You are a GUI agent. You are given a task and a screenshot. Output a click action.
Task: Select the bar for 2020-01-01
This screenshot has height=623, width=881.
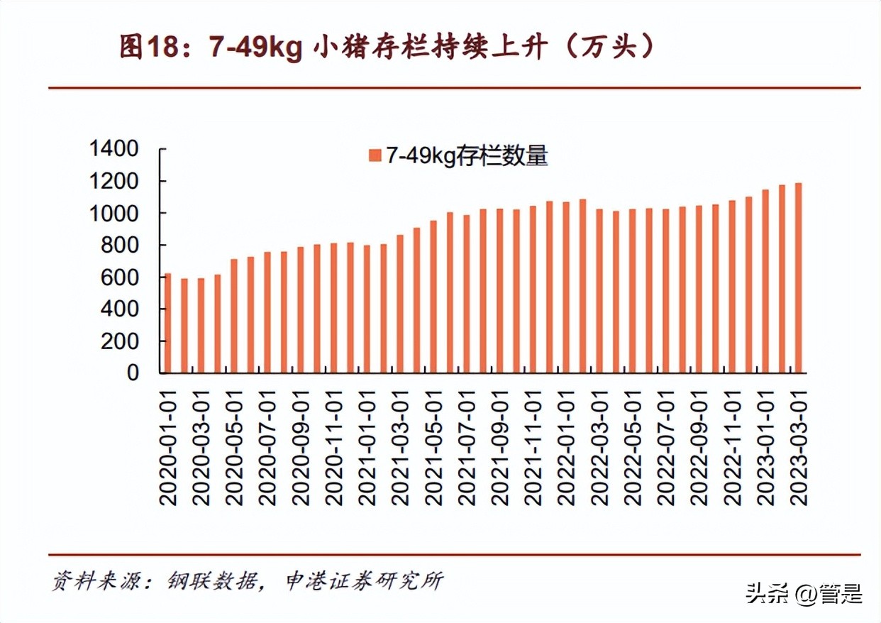coord(168,324)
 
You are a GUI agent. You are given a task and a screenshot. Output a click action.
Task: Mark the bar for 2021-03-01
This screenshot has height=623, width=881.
coord(399,304)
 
